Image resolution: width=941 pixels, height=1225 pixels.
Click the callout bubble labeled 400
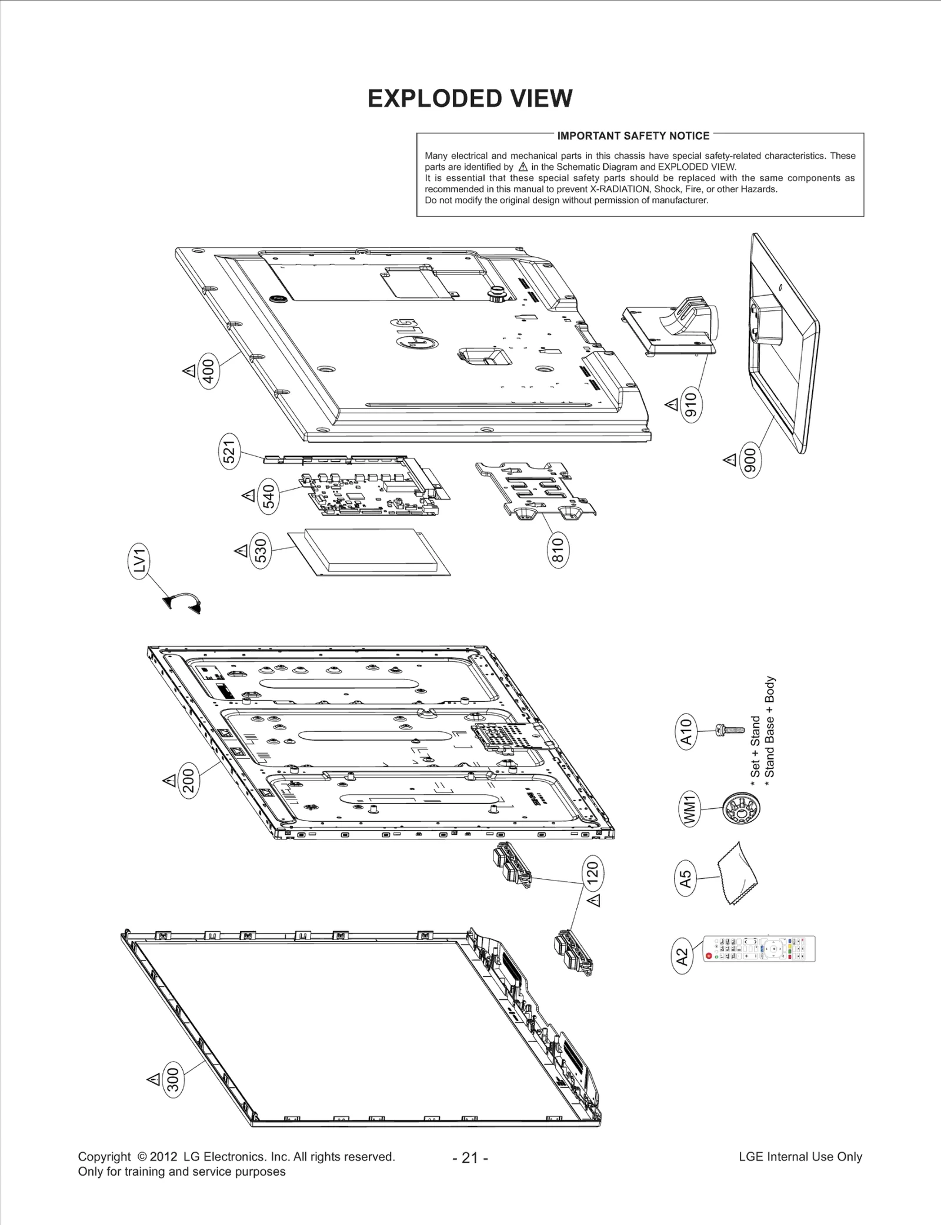(x=209, y=369)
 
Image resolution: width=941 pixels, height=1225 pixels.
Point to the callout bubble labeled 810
(x=558, y=550)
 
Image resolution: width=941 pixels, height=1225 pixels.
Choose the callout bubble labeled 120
(x=593, y=873)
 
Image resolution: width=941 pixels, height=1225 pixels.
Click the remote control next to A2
(x=759, y=949)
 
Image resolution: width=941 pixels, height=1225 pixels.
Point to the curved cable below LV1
(x=182, y=602)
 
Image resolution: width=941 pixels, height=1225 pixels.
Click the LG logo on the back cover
(x=415, y=334)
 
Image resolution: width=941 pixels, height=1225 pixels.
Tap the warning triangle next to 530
(x=241, y=551)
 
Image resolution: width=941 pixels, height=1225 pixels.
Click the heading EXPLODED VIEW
(x=470, y=99)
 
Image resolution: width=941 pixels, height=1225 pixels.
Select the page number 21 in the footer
(x=470, y=1157)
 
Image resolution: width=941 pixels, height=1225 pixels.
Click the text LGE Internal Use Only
(x=800, y=1157)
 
